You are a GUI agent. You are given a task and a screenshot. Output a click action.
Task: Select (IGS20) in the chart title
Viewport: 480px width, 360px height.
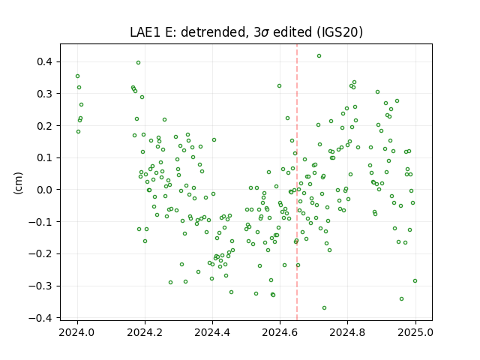point(340,32)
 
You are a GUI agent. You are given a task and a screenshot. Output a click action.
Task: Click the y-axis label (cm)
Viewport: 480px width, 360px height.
point(18,183)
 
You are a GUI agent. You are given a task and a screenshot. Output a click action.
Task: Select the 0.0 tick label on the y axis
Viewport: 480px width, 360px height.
point(45,190)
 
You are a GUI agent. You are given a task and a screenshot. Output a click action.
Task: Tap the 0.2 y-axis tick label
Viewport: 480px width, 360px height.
point(45,126)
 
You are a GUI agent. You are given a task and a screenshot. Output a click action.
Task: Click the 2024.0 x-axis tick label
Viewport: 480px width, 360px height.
point(77,332)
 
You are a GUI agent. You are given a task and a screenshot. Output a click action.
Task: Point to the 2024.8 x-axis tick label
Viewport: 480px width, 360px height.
point(347,332)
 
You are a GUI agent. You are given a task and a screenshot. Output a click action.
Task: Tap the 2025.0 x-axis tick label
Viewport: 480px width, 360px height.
point(415,332)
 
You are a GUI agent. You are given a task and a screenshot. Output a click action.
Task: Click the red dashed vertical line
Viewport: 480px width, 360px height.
point(297,182)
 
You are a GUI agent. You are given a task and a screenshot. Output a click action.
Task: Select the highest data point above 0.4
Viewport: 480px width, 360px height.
point(319,56)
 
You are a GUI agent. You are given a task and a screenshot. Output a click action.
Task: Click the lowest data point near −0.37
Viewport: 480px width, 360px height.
point(324,308)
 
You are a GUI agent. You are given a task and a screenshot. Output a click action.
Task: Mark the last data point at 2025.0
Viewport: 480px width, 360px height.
point(415,281)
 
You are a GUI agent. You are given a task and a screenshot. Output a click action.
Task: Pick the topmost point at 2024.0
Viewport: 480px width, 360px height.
point(77,76)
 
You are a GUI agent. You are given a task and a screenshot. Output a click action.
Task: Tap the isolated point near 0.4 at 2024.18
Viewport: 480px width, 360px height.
point(138,63)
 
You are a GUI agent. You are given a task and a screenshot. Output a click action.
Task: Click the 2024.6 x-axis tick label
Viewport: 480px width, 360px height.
point(280,332)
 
